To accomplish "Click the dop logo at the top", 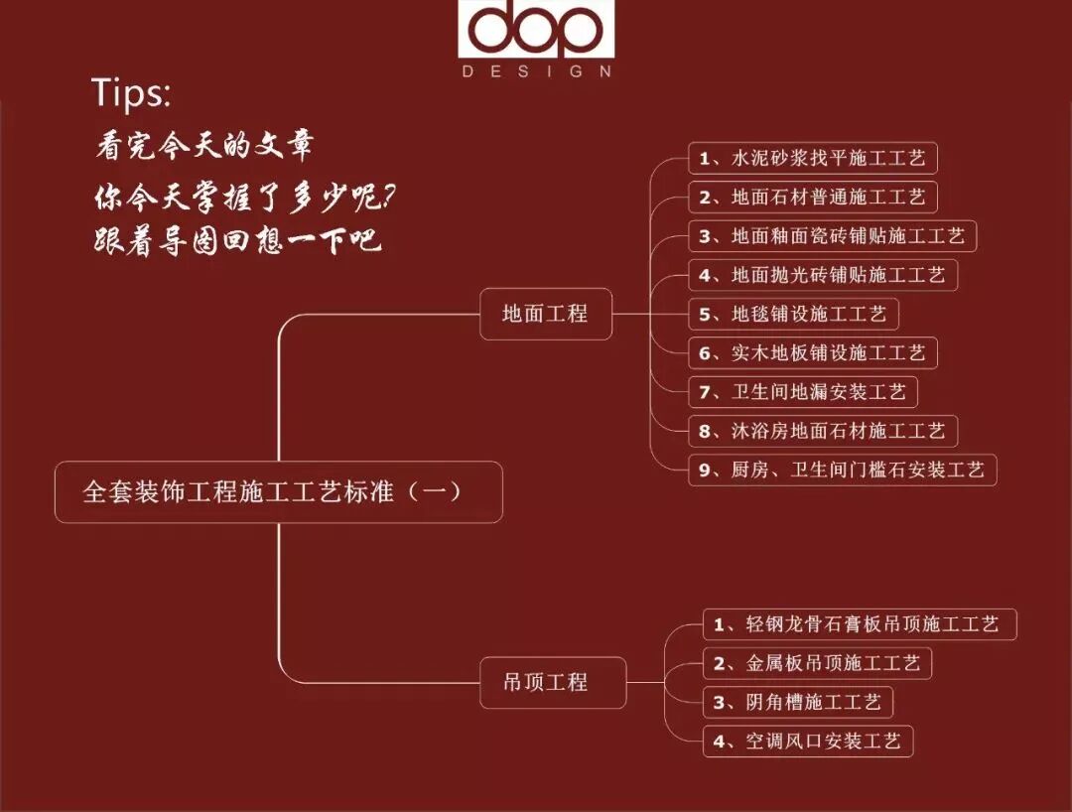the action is click(x=536, y=31).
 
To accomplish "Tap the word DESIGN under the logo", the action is click(x=536, y=71).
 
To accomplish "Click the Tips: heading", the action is click(x=131, y=92).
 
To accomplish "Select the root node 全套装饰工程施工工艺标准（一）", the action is click(x=278, y=491).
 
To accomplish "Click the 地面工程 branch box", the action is click(x=545, y=314).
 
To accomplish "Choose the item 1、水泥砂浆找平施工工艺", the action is click(x=813, y=158).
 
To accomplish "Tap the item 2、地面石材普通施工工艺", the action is click(x=813, y=197).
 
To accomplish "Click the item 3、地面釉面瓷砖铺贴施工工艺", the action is click(x=832, y=236).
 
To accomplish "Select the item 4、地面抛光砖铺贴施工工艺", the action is click(x=823, y=274).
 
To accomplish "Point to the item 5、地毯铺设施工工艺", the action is click(x=793, y=314).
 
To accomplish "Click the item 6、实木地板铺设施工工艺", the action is click(x=813, y=352).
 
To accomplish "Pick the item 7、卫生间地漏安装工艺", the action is click(x=803, y=391).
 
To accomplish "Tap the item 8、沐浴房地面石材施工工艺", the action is click(x=823, y=431).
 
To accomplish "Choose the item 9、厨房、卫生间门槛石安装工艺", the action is click(x=842, y=470).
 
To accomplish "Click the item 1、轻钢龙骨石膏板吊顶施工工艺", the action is click(x=860, y=624).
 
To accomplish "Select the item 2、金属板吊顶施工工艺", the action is click(x=818, y=663).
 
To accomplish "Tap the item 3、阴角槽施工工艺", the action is click(x=798, y=702).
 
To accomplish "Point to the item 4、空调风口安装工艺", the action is click(x=808, y=741).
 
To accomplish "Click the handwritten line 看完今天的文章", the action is click(x=204, y=146).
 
